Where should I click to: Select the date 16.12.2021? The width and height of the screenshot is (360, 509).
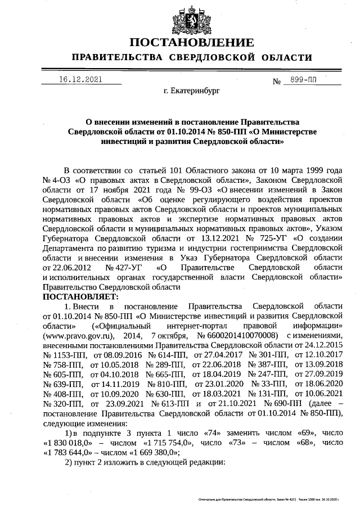(x=81, y=80)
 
